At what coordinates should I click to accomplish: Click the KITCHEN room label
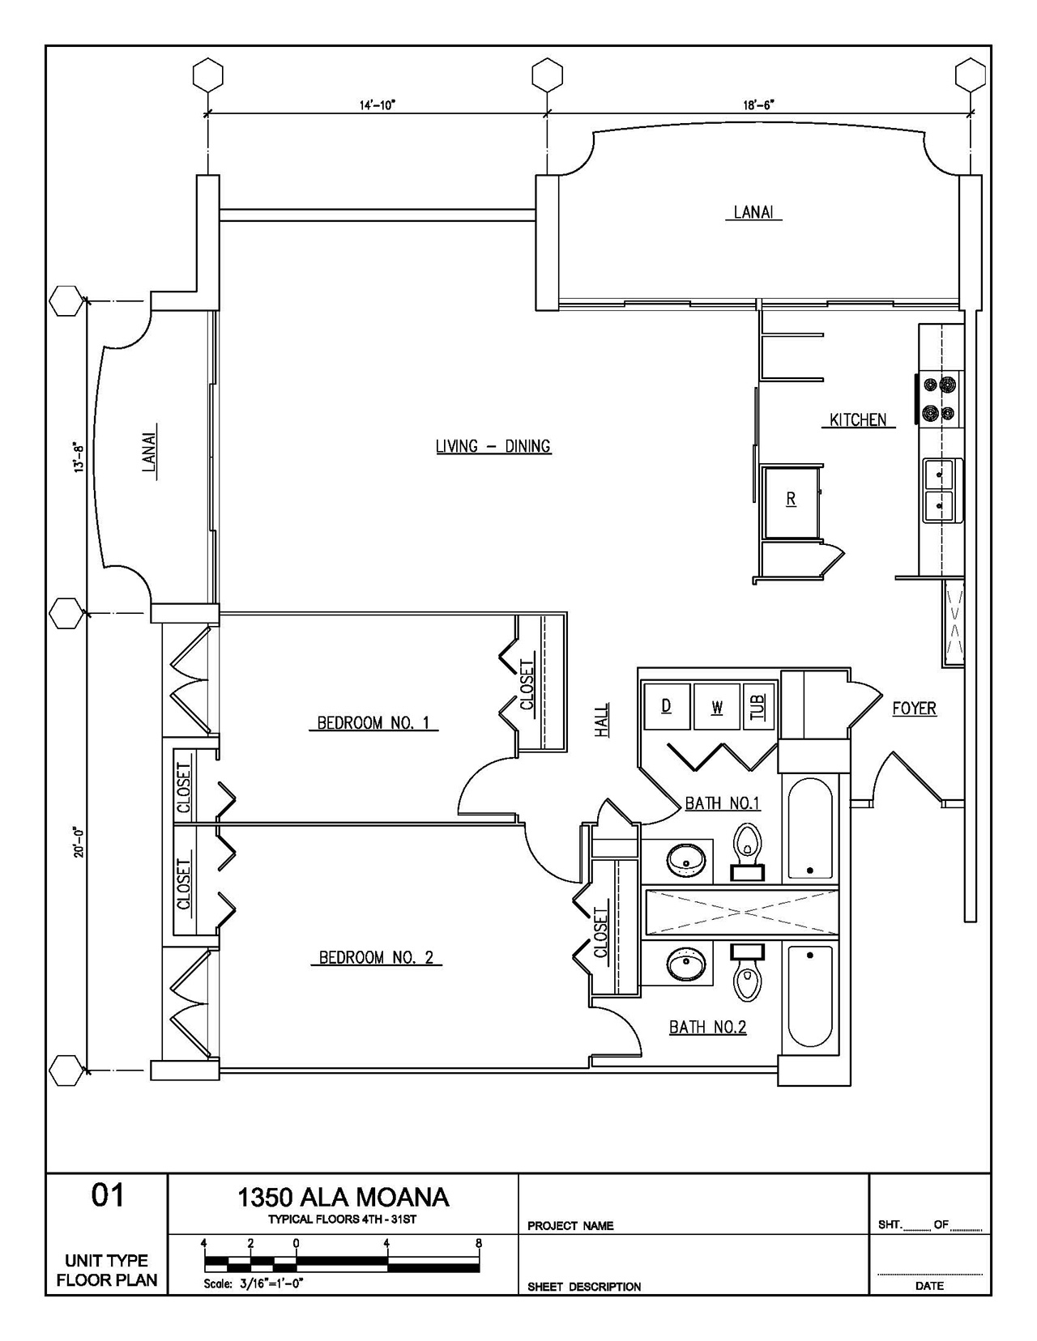(858, 420)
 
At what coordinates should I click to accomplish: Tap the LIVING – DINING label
(493, 446)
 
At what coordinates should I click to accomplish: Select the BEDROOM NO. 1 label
(373, 722)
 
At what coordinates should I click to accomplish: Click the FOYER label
(914, 709)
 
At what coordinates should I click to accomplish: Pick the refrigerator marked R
(792, 502)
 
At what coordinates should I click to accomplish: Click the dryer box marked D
(666, 706)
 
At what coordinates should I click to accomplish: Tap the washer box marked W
(717, 706)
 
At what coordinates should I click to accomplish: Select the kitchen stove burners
(939, 398)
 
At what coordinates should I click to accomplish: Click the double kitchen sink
(942, 491)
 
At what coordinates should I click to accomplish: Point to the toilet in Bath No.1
(748, 852)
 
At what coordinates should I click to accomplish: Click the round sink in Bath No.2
(685, 964)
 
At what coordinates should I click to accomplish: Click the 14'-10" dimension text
(378, 105)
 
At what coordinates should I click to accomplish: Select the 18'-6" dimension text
(758, 105)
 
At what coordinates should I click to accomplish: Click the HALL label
(602, 720)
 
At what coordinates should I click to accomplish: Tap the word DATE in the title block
(929, 1286)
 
